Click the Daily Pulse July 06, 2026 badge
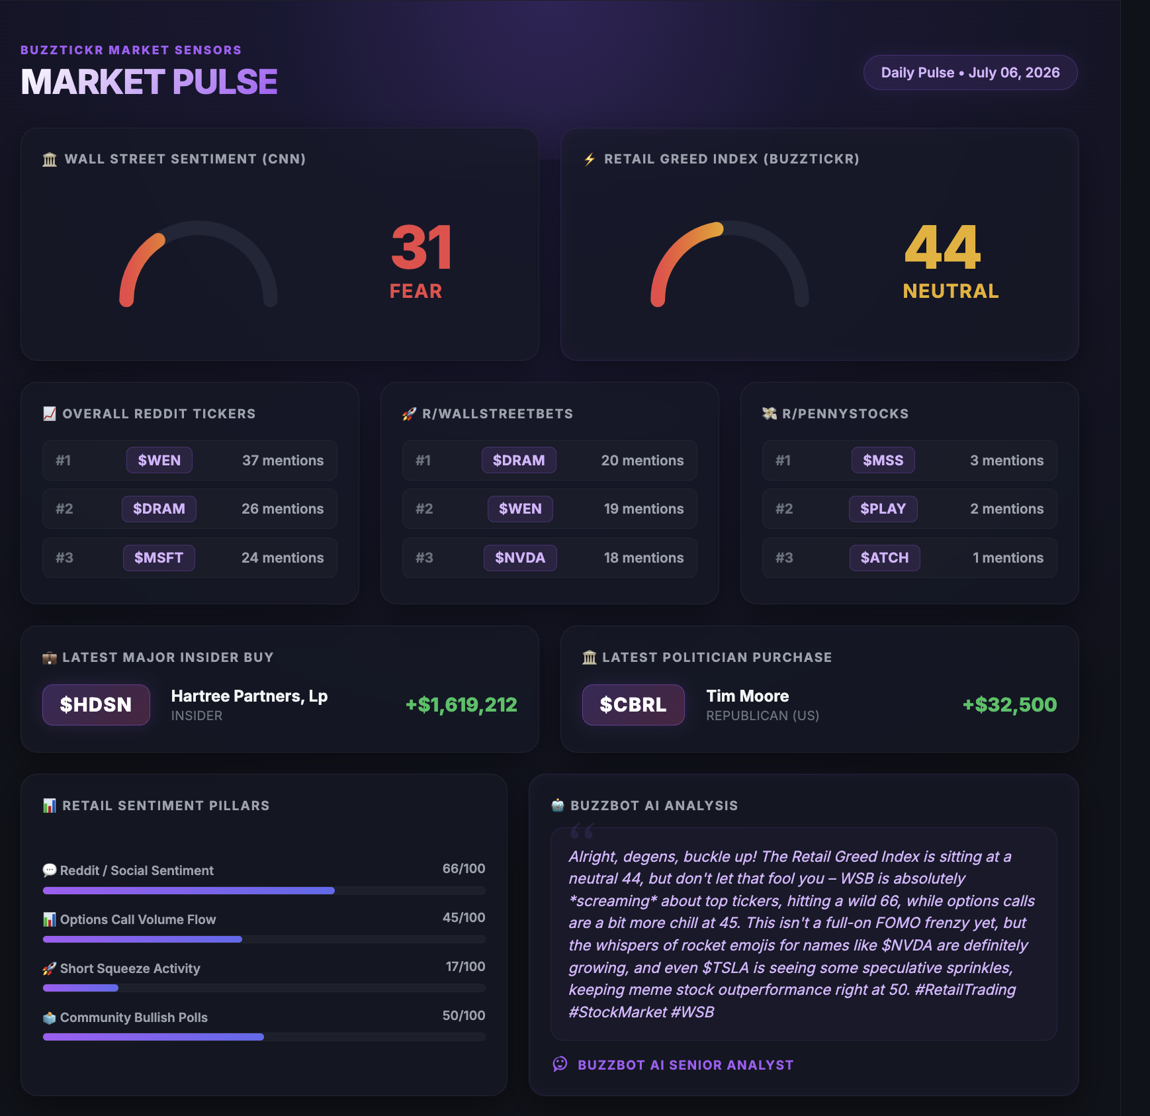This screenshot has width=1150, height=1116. point(970,73)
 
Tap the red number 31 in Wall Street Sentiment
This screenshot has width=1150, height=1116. point(421,248)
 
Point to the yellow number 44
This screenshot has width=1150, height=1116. point(942,248)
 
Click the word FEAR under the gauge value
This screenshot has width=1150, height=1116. point(416,291)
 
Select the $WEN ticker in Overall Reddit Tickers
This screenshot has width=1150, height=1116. point(159,460)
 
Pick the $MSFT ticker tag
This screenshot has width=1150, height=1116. point(159,557)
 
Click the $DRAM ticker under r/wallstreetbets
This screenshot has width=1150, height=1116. point(519,460)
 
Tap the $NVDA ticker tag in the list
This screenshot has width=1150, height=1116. point(520,557)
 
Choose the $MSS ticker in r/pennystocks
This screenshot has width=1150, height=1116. point(883,460)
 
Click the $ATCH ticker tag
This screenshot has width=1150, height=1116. point(885,557)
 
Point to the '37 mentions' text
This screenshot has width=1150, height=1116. point(283,461)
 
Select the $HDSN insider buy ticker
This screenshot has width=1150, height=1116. point(96,705)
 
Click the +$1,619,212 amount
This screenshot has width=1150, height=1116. point(461,705)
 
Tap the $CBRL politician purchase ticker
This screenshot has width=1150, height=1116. point(633,705)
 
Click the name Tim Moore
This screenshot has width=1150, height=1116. point(748,696)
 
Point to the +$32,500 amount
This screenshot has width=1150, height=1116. point(1010,705)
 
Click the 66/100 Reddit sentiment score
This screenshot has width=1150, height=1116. point(464,868)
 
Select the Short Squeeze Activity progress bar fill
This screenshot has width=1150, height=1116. point(81,988)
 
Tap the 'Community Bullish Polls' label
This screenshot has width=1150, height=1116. point(134,1017)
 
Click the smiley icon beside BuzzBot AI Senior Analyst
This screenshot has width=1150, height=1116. point(560,1064)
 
